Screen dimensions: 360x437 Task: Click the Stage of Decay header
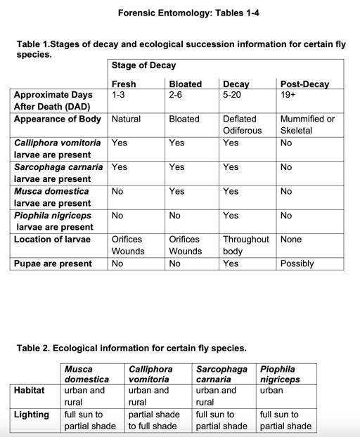point(143,65)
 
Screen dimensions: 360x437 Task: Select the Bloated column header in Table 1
point(185,84)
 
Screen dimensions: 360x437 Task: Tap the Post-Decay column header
point(304,84)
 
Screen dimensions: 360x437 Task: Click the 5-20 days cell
point(232,94)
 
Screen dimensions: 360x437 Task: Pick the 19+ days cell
point(289,94)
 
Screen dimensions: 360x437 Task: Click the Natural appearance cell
point(126,119)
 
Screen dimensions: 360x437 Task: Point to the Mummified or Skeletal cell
point(307,124)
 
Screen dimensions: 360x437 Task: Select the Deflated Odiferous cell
point(242,124)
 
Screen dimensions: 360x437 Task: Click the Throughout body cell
point(245,244)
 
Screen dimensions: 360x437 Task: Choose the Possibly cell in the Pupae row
point(297,263)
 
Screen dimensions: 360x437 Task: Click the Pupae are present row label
point(53,263)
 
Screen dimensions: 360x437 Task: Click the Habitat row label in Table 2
point(29,390)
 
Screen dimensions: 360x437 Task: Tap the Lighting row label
point(31,415)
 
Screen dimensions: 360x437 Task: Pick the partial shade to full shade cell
point(153,420)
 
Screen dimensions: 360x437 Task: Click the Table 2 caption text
point(131,348)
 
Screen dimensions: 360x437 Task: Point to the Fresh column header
point(124,84)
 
